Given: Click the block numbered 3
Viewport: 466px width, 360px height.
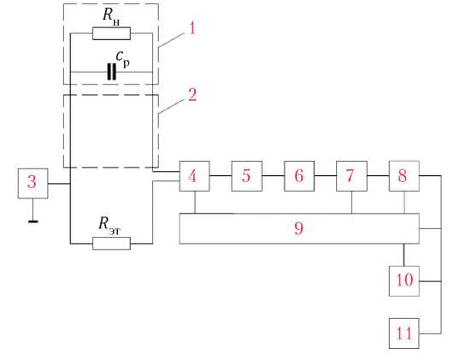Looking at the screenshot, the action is click(32, 183).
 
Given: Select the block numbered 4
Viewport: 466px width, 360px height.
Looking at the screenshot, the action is click(194, 176).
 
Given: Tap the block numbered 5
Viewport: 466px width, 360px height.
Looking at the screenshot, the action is click(246, 176).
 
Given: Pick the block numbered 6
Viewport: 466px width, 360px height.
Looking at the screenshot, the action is click(299, 176).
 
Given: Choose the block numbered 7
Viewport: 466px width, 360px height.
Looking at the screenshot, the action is click(351, 176).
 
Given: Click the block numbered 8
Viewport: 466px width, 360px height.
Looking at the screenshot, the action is click(404, 176).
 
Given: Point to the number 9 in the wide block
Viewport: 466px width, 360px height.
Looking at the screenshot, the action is click(298, 228).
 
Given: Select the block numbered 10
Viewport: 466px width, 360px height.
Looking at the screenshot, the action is click(404, 281).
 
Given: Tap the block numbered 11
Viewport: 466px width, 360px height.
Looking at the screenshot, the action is click(404, 333).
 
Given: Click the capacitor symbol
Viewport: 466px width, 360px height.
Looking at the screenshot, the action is click(111, 72).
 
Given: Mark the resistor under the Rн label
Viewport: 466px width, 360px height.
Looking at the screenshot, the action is click(111, 33).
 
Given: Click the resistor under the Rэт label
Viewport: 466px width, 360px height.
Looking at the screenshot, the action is click(111, 244).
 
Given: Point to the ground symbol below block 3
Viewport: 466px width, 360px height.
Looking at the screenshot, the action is click(32, 221).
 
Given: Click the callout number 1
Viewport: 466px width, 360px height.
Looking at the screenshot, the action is click(192, 28).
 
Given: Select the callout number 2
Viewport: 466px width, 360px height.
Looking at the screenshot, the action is click(192, 95).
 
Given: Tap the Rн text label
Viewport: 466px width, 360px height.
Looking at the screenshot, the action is click(111, 16).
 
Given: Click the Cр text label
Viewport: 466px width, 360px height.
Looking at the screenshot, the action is click(123, 59).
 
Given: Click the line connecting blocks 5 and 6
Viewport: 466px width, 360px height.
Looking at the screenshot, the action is click(273, 175).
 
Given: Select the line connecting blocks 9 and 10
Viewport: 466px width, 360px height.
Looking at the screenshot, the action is click(404, 255).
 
